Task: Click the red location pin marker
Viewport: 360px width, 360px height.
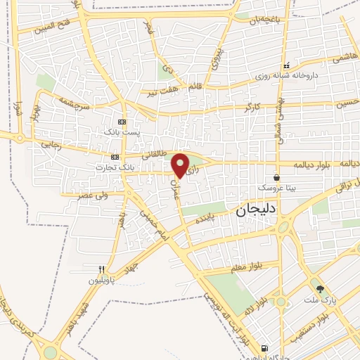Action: click(181, 165)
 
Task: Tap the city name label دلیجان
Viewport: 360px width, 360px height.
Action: click(255, 209)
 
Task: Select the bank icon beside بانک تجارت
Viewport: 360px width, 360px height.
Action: click(115, 157)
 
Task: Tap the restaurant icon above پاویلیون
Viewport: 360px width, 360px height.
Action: click(103, 269)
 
